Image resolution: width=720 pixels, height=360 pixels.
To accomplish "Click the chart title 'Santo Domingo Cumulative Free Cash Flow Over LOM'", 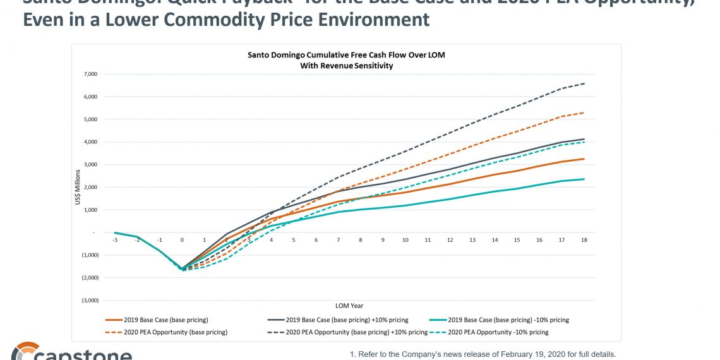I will pyautogui.click(x=345, y=55).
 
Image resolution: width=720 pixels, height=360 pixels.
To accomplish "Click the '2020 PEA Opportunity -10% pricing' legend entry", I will pyautogui.click(x=498, y=332).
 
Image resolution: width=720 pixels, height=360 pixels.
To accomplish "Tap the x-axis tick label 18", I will pyautogui.click(x=584, y=241).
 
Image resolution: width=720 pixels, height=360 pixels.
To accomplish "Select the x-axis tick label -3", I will pyautogui.click(x=115, y=241).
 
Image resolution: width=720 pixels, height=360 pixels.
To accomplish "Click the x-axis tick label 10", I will pyautogui.click(x=405, y=241).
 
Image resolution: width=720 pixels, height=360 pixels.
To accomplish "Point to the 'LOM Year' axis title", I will pyautogui.click(x=349, y=306).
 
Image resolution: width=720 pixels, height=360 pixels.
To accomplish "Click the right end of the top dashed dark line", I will pyautogui.click(x=584, y=83).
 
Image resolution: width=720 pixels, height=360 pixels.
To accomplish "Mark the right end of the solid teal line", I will pyautogui.click(x=584, y=179).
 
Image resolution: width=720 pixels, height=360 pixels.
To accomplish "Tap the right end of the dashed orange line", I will pyautogui.click(x=584, y=113).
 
